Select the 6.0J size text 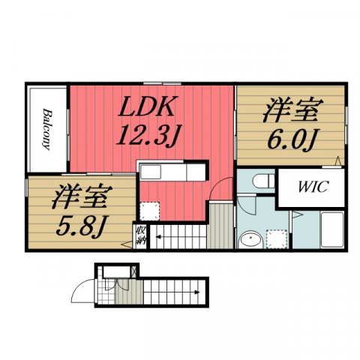click(290, 139)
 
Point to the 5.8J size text click(77, 223)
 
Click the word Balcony click(46, 130)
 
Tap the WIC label click(310, 187)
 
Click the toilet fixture click(259, 181)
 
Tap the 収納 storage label click(141, 236)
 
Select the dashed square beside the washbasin click(277, 238)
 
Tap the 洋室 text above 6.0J click(289, 110)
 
